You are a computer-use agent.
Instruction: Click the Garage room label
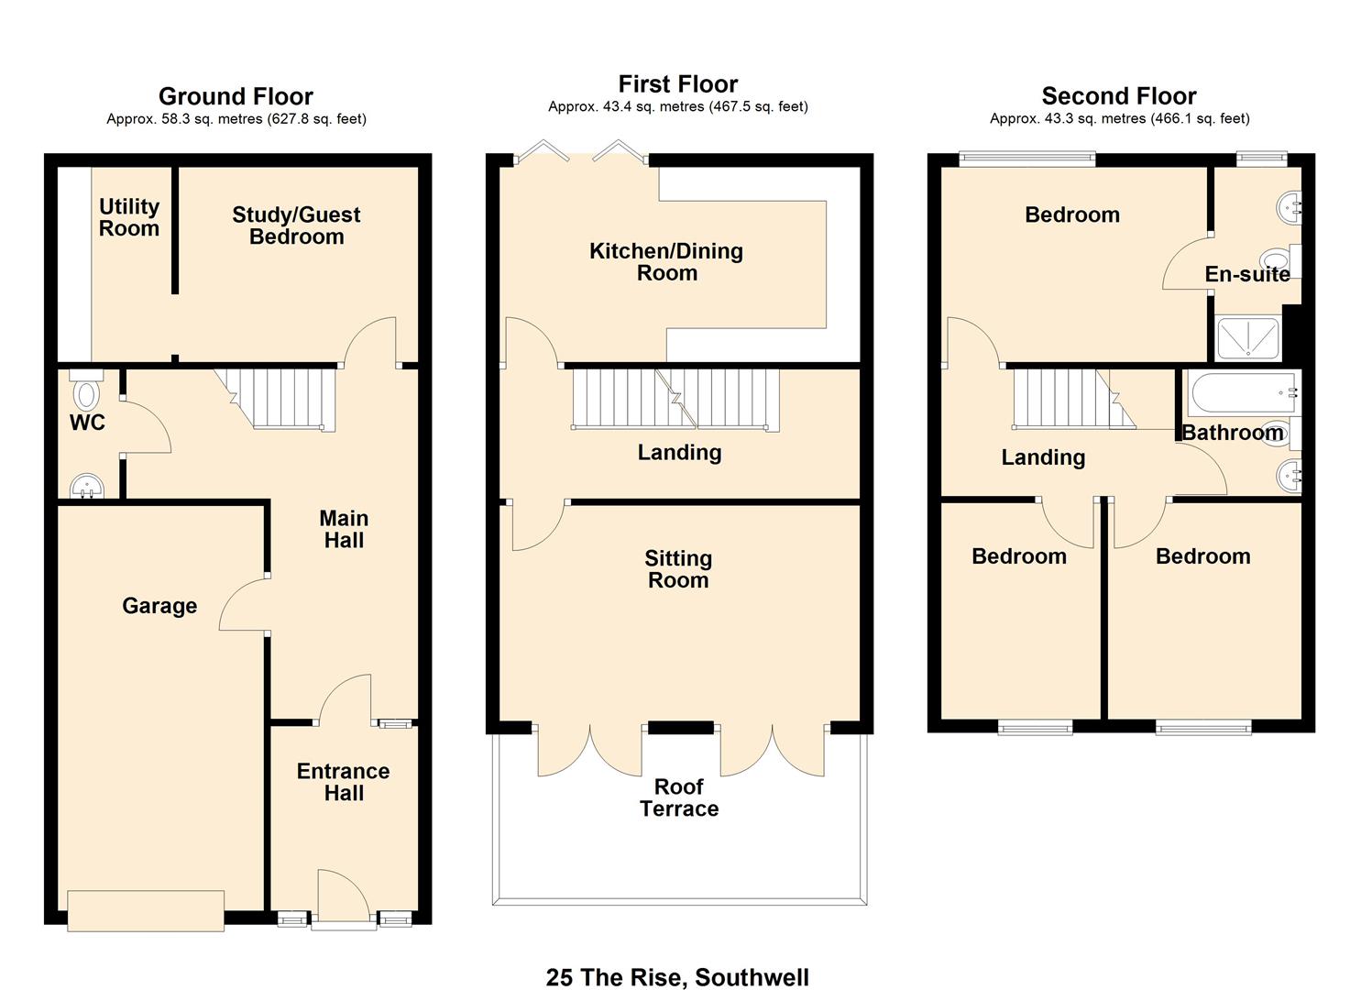(159, 606)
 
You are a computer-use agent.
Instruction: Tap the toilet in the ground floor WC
(86, 391)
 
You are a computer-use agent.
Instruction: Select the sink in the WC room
(86, 484)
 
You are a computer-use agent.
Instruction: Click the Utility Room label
(129, 217)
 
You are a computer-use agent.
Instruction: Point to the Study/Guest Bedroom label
(296, 225)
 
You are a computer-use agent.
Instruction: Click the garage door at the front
(146, 910)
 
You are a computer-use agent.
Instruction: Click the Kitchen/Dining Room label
(666, 261)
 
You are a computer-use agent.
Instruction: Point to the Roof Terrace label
(679, 797)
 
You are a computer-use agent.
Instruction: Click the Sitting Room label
(678, 569)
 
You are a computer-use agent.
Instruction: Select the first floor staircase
(675, 398)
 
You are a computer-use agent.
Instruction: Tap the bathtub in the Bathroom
(1242, 393)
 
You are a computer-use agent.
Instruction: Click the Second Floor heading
(1119, 96)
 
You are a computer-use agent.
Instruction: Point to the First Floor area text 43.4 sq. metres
(678, 106)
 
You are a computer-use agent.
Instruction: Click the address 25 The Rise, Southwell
(677, 977)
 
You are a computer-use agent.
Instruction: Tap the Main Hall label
(344, 529)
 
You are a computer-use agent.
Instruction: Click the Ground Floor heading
(236, 96)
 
